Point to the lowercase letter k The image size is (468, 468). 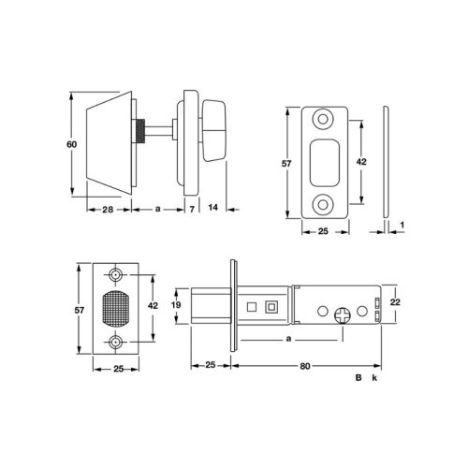(x=373, y=377)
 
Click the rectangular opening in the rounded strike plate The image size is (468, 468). (x=327, y=160)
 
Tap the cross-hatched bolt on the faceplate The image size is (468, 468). (x=116, y=306)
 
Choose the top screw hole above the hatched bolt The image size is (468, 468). (x=116, y=276)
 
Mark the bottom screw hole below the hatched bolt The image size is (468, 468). (x=116, y=341)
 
